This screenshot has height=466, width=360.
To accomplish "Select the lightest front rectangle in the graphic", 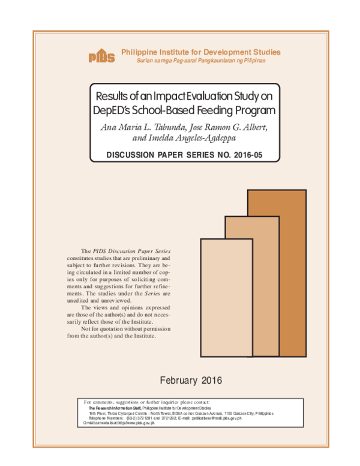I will click(x=226, y=297).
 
